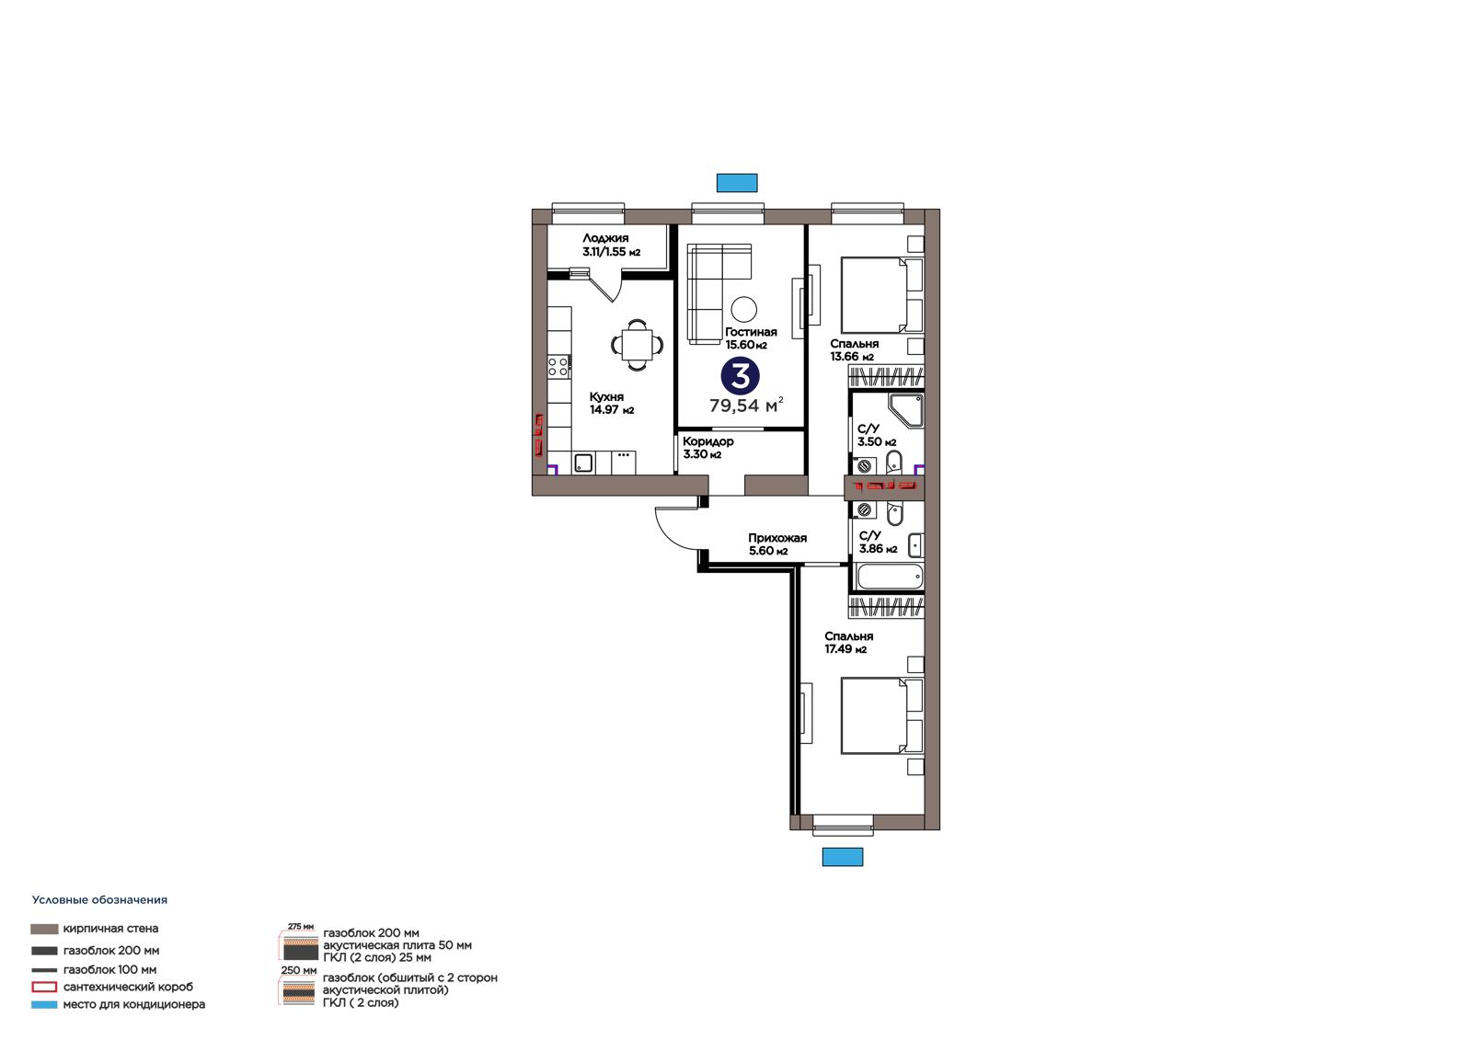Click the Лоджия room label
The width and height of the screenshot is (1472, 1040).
pos(611,245)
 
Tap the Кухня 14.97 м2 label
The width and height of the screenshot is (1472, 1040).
pos(611,404)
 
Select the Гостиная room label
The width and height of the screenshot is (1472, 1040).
pos(751,338)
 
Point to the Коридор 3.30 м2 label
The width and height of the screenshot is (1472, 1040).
pos(707,448)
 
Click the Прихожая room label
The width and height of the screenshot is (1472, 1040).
pos(777,544)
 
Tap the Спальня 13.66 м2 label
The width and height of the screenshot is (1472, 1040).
pos(854,350)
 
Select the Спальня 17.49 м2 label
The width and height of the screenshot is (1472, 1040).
pos(848,643)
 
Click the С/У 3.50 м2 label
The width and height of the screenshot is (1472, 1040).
pos(877,435)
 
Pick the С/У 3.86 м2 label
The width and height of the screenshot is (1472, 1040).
pos(878,542)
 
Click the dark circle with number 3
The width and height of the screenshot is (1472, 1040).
pos(740,376)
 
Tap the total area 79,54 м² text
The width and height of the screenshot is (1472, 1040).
pos(746,406)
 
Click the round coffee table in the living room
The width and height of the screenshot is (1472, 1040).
pos(743,308)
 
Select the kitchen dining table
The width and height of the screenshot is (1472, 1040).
pos(637,344)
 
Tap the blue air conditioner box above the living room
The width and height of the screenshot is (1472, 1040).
pos(737,183)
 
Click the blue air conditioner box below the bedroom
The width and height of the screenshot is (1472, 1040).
pos(843,857)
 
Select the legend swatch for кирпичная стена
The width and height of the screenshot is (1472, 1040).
pos(44,929)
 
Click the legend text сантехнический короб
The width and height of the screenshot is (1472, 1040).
pos(128,987)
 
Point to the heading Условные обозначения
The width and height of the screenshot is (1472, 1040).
pos(100,900)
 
